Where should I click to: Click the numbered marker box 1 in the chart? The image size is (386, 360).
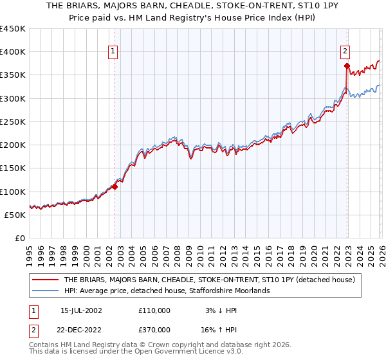(113, 51)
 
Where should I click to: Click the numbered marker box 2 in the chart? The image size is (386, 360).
(345, 51)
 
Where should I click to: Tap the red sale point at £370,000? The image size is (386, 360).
(347, 66)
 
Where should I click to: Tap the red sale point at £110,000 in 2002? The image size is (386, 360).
(115, 187)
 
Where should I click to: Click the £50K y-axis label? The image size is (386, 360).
(15, 215)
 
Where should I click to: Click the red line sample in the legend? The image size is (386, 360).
(46, 280)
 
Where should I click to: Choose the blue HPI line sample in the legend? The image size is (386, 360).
(46, 291)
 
